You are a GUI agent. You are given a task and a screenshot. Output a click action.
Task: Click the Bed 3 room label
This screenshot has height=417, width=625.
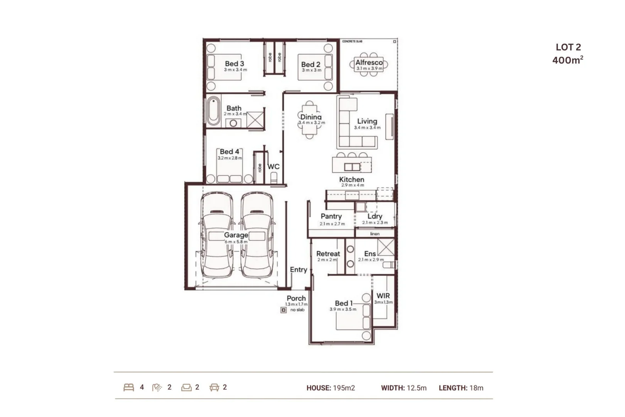234,64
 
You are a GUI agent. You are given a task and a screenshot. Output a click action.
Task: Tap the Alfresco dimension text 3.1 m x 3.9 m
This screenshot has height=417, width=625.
369,69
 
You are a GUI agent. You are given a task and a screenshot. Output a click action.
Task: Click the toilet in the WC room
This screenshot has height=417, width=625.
274,178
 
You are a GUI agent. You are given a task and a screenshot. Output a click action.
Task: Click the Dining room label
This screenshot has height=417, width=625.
311,117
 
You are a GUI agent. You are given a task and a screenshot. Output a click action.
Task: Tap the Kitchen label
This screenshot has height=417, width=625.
351,180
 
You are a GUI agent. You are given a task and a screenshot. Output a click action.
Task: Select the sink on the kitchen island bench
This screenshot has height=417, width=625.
352,167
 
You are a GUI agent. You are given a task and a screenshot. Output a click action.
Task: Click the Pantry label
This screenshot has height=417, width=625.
331,216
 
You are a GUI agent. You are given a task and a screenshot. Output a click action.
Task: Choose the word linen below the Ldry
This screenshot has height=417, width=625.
375,234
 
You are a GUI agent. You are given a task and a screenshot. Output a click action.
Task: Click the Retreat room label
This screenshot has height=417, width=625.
328,254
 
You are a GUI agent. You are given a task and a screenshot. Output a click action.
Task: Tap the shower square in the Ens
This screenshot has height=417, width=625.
386,247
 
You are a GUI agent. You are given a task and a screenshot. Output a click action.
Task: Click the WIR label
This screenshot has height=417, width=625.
383,296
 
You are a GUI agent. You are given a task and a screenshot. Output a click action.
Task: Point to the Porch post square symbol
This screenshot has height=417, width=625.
284,310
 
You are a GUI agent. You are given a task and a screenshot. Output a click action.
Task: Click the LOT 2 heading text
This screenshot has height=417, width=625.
568,47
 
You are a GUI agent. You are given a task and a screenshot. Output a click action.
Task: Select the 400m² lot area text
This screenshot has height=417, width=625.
568,60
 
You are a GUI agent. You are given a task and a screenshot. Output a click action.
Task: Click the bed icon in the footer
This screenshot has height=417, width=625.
129,387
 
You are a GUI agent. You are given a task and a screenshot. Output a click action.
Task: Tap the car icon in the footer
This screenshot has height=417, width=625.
214,387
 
